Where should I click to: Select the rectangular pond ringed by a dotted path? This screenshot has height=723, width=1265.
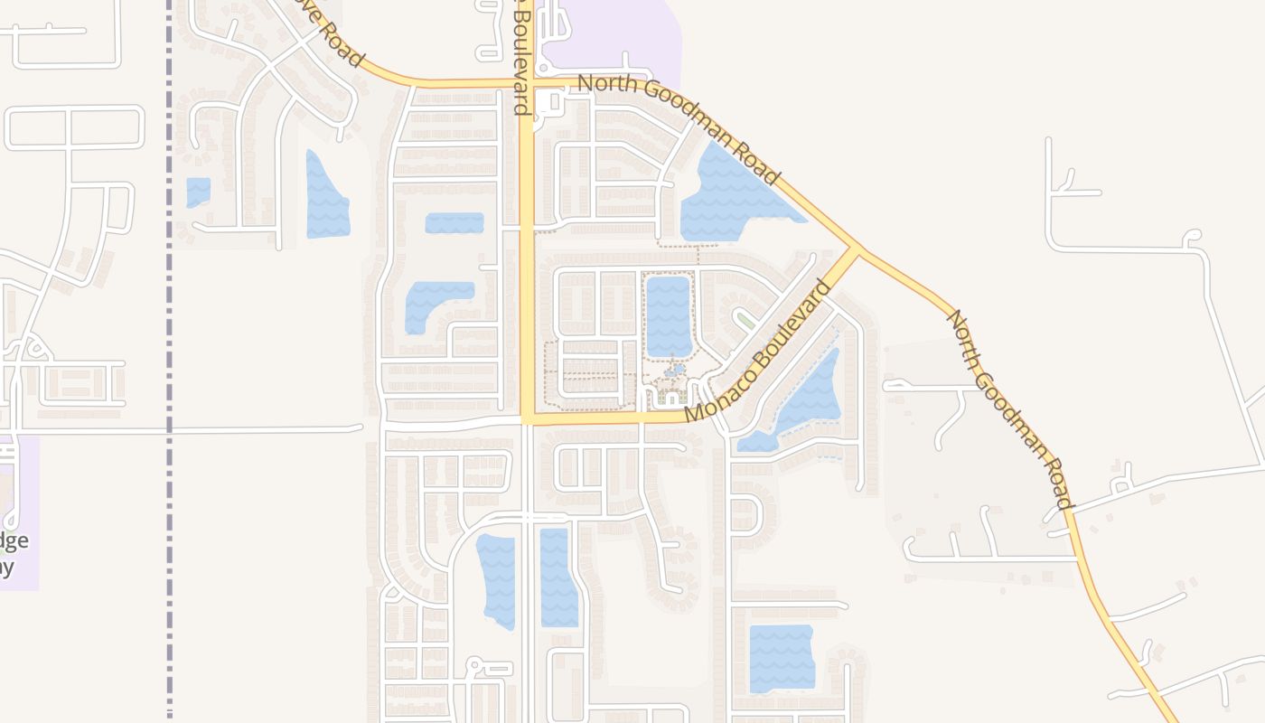click(668, 315)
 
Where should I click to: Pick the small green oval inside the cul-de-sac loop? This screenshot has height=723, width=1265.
click(746, 319)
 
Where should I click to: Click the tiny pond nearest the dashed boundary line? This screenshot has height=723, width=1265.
click(198, 192)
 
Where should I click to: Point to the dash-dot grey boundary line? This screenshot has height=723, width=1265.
click(169, 361)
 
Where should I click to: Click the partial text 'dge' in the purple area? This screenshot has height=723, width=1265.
click(14, 541)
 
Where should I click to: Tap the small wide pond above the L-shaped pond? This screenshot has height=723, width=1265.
click(454, 223)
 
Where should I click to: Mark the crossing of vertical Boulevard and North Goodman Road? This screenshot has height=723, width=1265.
click(528, 85)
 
